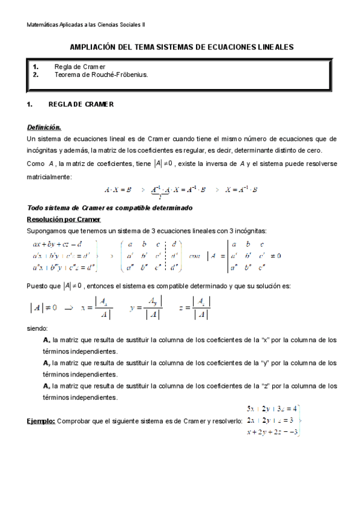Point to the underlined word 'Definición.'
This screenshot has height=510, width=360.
click(44, 127)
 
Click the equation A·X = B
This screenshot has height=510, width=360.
click(118, 189)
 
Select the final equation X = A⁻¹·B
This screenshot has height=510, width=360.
click(241, 189)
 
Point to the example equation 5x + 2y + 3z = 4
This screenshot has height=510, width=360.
click(270, 408)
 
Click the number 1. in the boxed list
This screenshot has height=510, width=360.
click(36, 67)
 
